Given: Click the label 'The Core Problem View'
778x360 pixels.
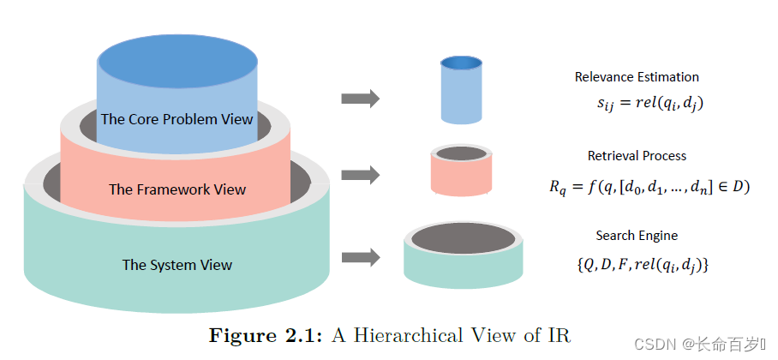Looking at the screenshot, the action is pos(177,120).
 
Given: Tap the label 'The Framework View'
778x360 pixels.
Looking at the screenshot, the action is pos(177,189).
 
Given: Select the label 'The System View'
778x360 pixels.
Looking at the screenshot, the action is pos(177,265).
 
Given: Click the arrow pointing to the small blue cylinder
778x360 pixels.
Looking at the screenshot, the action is pos(360,99).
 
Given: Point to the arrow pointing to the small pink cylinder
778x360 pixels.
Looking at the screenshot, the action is pos(360,175).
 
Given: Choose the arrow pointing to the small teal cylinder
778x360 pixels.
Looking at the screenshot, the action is pos(360,257).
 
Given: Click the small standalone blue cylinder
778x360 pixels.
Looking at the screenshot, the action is pos(462,90).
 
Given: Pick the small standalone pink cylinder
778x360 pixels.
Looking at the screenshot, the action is pos(462,171).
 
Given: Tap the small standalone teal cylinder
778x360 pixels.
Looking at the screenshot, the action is pos(463,255).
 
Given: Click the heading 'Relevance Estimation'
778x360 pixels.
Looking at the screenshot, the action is pos(637,77).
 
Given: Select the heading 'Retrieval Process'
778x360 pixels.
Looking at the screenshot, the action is pos(637,156).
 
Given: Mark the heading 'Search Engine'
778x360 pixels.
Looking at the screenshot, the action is pos(637,235).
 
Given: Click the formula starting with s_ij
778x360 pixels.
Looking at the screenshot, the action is pos(650,105).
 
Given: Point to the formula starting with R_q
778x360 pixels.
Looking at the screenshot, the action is pos(649,187).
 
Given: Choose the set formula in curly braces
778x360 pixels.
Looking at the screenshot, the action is pos(643,266).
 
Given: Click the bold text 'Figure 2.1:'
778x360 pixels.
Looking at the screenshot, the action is pos(266,335).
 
